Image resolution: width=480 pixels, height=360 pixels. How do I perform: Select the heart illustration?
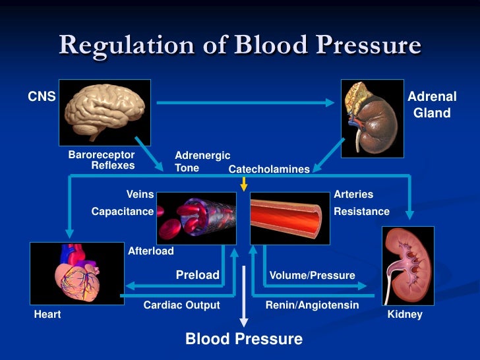click(76, 278)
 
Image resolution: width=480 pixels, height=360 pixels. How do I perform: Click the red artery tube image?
click(289, 218)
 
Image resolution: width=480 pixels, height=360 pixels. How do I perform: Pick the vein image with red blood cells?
click(196, 218)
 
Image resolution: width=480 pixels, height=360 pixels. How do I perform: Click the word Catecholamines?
click(269, 169)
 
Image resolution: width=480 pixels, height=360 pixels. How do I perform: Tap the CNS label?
click(42, 98)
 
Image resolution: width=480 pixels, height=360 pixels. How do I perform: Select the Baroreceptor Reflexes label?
click(102, 160)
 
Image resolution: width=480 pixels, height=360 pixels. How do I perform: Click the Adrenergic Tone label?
click(202, 161)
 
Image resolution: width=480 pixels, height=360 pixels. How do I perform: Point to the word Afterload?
click(151, 251)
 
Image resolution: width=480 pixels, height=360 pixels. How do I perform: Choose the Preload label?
click(197, 275)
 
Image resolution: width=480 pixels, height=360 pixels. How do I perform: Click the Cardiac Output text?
click(181, 305)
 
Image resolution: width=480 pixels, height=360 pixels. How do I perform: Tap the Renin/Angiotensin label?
click(312, 305)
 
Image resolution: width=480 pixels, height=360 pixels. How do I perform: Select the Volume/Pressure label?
click(312, 275)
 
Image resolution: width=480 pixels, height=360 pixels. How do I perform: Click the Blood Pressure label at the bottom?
click(244, 339)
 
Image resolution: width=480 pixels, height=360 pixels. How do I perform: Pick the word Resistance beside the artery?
click(361, 212)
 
